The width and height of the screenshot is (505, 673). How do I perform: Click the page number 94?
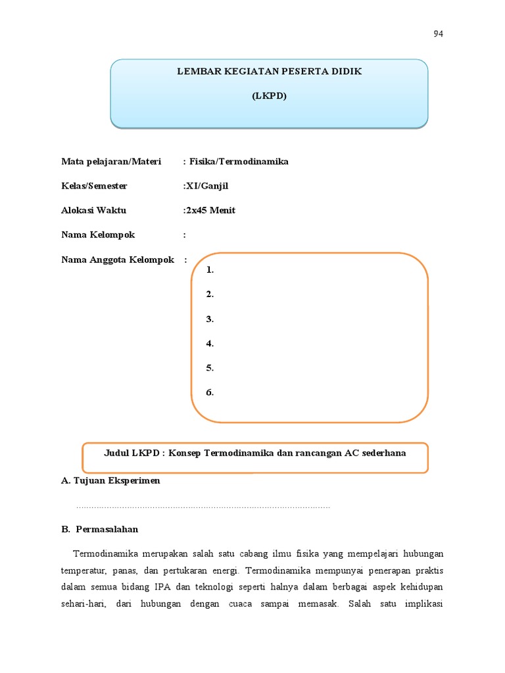[x=438, y=34]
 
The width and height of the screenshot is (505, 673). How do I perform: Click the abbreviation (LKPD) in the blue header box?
[x=269, y=95]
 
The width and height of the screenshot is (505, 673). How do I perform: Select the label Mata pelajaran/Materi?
[x=111, y=162]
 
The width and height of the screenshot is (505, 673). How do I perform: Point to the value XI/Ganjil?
[x=206, y=186]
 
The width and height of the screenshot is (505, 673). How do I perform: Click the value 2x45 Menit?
[x=210, y=210]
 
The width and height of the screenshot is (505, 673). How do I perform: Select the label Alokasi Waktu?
[x=93, y=210]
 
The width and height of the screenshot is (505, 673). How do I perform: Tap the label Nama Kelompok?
[x=97, y=235]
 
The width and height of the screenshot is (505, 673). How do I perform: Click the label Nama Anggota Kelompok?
[x=118, y=260]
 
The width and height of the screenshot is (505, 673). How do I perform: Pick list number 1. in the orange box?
[x=210, y=270]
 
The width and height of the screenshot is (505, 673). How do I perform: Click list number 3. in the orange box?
[x=210, y=319]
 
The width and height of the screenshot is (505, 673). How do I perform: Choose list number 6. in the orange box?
[x=210, y=392]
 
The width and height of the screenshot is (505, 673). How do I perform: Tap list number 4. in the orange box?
[x=210, y=343]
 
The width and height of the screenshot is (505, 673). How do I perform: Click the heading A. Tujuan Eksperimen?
[x=110, y=480]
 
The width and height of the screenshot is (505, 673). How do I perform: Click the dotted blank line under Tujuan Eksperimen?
[x=203, y=507]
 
